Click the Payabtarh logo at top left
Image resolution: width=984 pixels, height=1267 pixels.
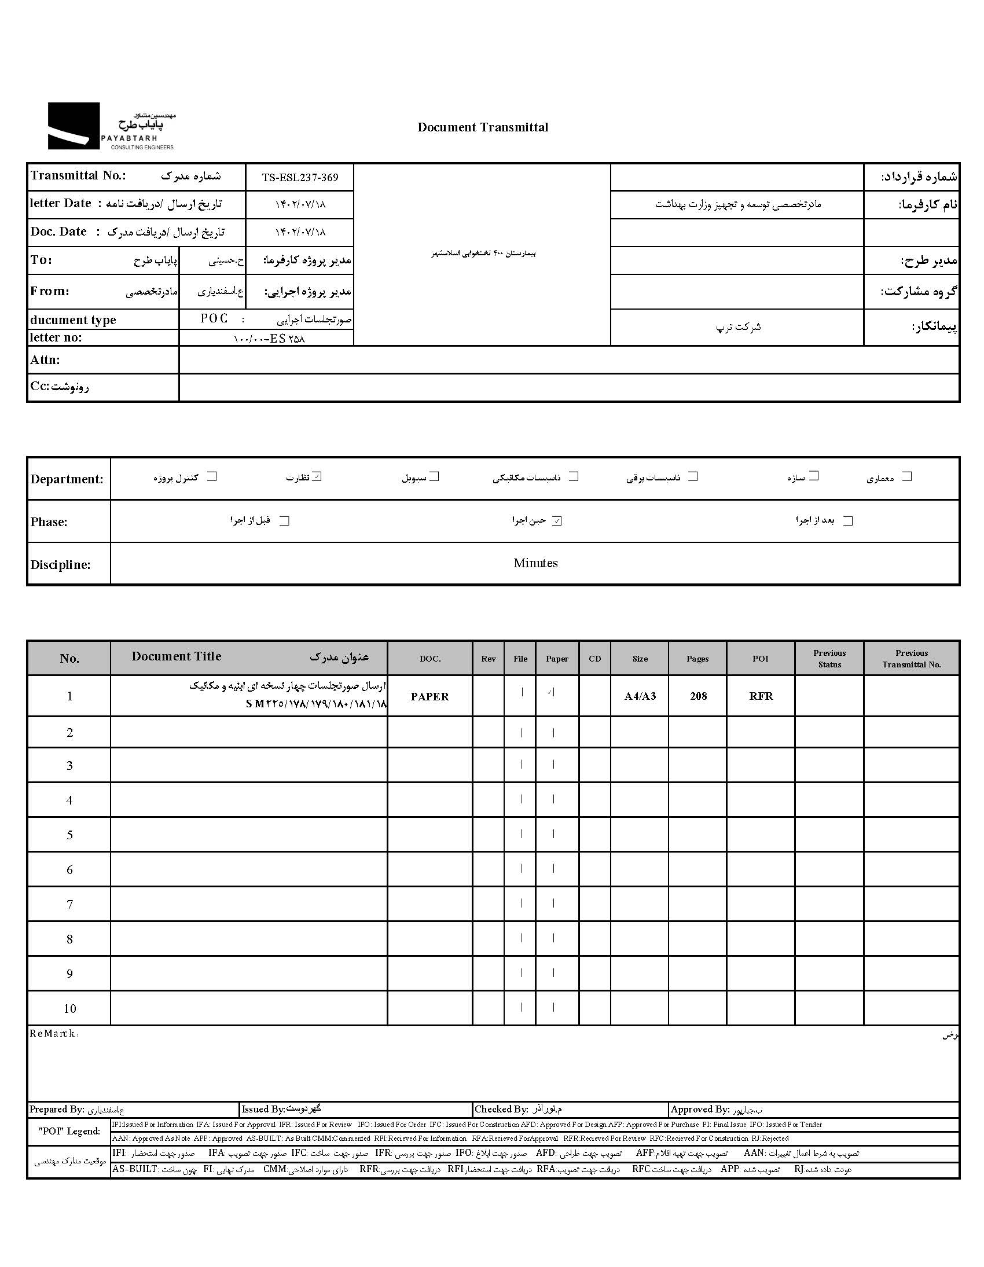(110, 126)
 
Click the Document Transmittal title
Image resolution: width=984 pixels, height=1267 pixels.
(482, 128)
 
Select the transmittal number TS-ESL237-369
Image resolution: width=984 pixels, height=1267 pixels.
(299, 178)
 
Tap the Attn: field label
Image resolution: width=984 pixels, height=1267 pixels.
(45, 360)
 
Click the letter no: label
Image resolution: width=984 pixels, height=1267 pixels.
(56, 337)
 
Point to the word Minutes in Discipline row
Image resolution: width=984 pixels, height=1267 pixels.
(535, 563)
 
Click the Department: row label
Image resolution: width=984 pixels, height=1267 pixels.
(67, 479)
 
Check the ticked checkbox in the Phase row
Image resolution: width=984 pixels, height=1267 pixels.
(557, 521)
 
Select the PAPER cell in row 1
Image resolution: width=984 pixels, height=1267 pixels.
(429, 697)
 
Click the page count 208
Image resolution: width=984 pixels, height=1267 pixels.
(698, 696)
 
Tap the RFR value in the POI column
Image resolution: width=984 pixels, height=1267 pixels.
(761, 696)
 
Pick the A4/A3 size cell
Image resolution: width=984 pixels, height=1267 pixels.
(640, 696)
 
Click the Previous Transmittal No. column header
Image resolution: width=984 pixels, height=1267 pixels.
(911, 659)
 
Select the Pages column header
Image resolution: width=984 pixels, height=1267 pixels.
(697, 659)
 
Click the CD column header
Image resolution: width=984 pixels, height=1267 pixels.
(594, 659)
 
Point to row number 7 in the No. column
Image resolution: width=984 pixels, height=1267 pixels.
(69, 905)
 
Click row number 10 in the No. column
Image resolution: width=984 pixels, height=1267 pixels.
(69, 1009)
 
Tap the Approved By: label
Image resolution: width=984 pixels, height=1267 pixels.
(699, 1110)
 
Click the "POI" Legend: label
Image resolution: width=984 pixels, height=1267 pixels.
(69, 1132)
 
